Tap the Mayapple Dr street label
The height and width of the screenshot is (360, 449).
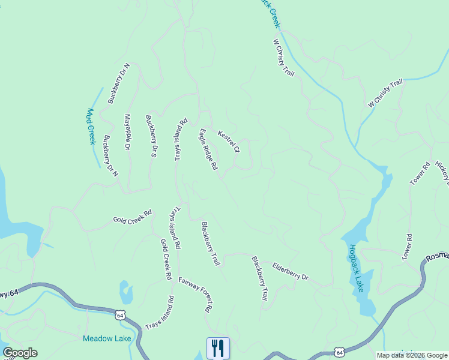(x=127, y=131)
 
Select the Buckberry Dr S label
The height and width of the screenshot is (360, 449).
(x=151, y=136)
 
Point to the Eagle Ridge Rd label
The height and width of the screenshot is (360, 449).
(x=208, y=150)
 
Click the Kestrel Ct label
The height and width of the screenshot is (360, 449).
(x=229, y=142)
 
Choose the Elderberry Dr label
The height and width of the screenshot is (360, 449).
(x=290, y=271)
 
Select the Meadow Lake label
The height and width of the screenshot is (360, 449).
(x=107, y=338)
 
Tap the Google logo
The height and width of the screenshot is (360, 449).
(x=20, y=353)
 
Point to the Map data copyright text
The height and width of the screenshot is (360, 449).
(x=412, y=355)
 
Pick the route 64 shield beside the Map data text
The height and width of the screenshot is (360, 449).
(x=340, y=352)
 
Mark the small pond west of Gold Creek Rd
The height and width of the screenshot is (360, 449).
(x=126, y=293)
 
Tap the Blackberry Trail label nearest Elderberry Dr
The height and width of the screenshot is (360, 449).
(x=259, y=278)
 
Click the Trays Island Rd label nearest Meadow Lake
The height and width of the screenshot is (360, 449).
(x=160, y=313)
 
